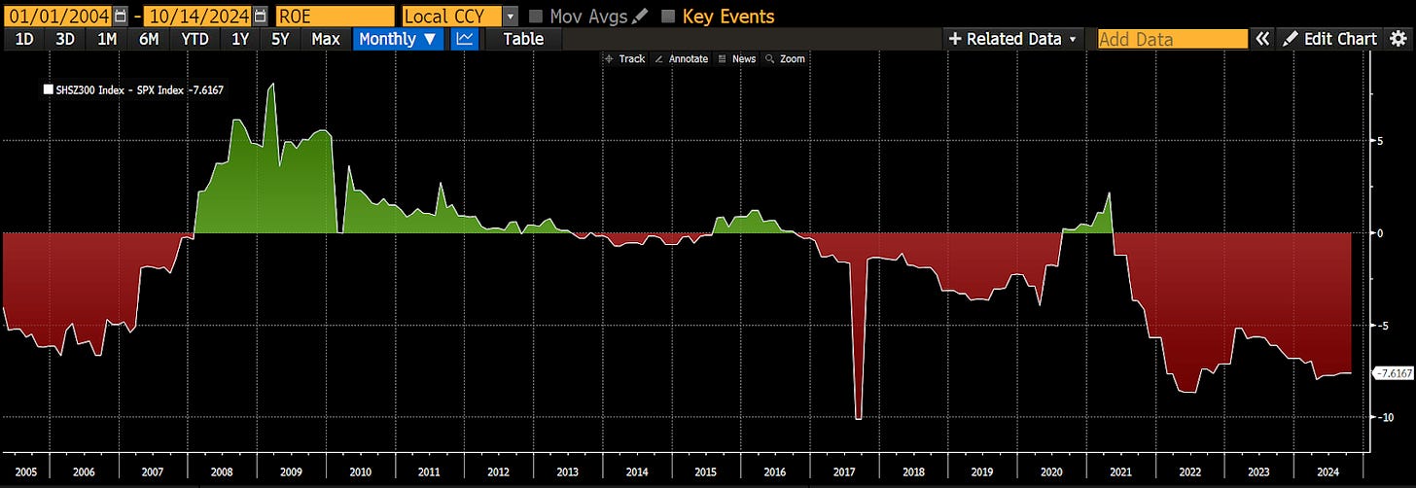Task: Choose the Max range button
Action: click(325, 39)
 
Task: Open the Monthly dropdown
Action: click(400, 39)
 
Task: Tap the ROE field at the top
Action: click(335, 16)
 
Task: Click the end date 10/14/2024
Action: click(198, 16)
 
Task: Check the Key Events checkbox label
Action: click(727, 16)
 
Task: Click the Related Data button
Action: click(1012, 39)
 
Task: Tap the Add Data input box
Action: click(1171, 39)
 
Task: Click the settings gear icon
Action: click(1399, 39)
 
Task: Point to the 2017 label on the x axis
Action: click(843, 471)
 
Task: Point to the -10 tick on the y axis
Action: click(1385, 417)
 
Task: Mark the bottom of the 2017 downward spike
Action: click(858, 418)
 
